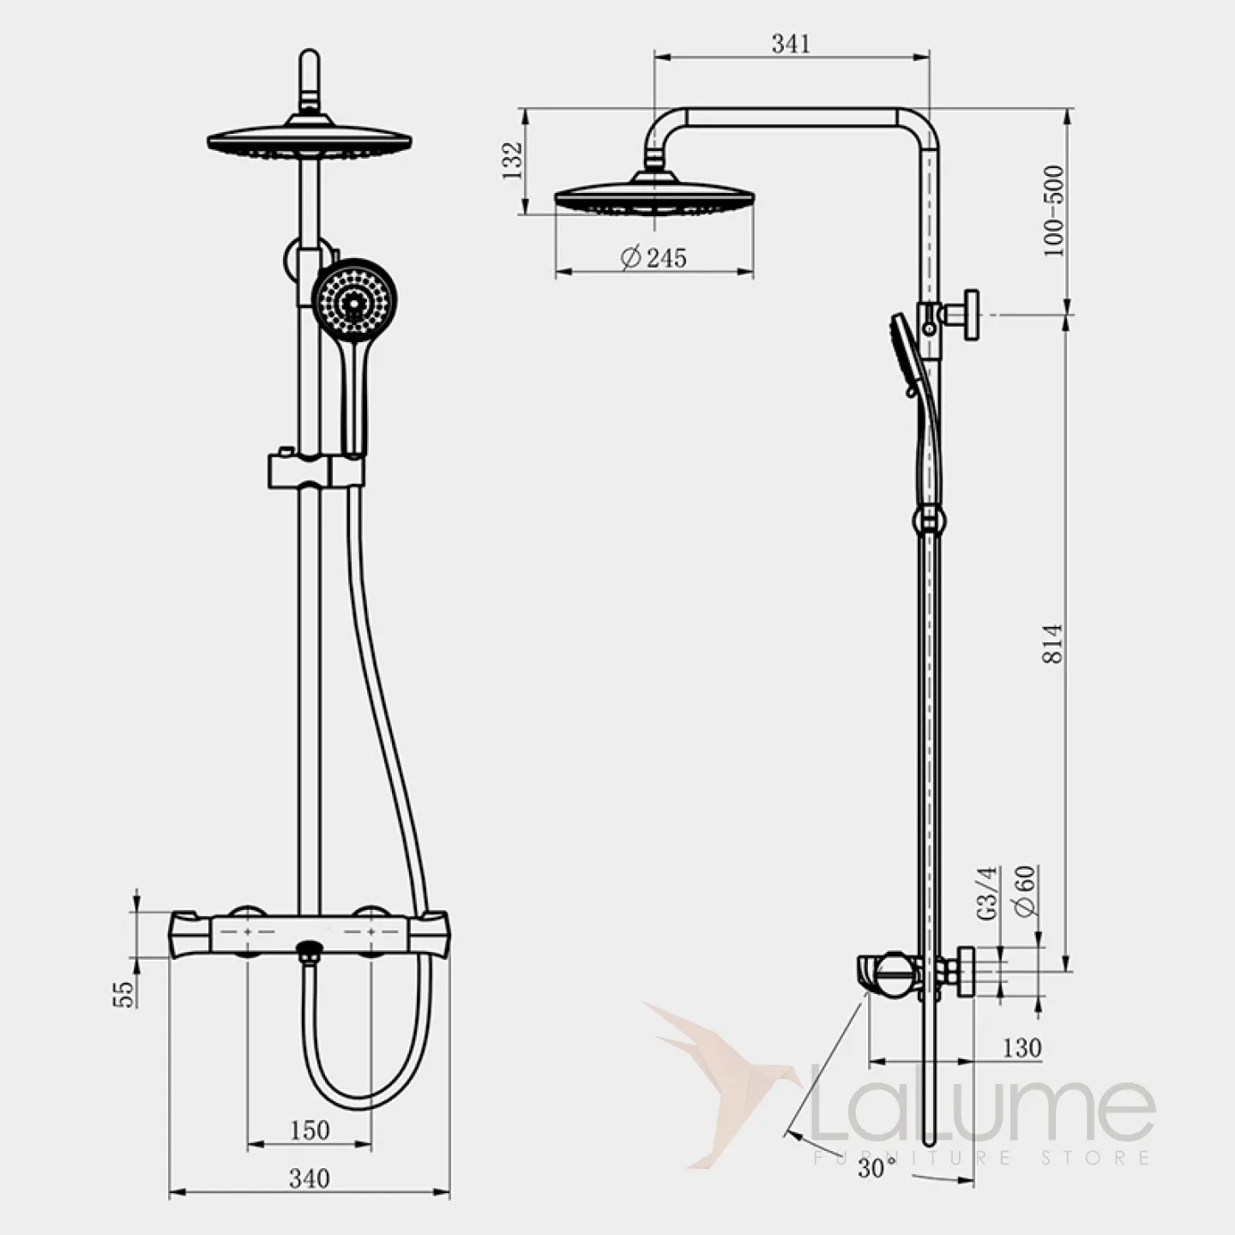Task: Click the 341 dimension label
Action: [791, 44]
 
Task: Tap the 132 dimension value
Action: [513, 160]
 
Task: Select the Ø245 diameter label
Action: [654, 257]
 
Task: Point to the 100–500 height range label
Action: [1053, 211]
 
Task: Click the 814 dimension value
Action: [1053, 643]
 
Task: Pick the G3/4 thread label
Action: [988, 894]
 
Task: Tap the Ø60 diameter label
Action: [1026, 892]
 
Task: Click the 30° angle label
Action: [877, 1168]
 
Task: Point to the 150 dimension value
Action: [310, 1130]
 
